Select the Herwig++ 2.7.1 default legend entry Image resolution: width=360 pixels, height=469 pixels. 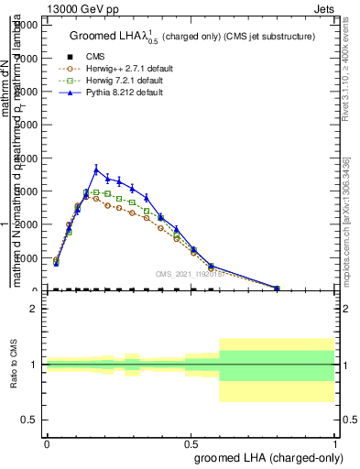(x=122, y=68)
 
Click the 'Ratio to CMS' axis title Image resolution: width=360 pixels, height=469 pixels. (x=15, y=365)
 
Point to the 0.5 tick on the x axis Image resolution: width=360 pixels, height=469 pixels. (x=191, y=442)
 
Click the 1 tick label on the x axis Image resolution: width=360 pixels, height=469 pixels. (x=335, y=442)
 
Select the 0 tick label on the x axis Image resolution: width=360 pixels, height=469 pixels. (x=47, y=442)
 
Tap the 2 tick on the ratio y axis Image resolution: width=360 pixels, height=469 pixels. (x=34, y=309)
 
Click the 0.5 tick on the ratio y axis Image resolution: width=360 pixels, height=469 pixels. (x=29, y=420)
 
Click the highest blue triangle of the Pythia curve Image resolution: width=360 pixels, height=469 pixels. (x=96, y=169)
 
